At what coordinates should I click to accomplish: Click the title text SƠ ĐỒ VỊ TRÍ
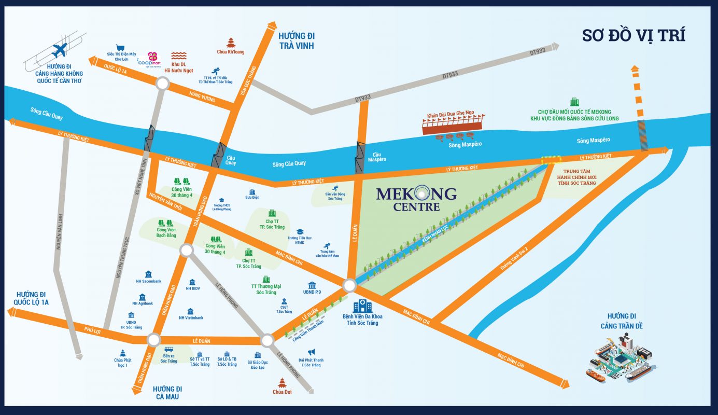point(633,35)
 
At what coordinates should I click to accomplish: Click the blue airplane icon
point(60,51)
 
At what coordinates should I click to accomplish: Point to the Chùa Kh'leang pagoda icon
point(230,42)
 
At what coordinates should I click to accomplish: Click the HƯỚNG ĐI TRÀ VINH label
point(297,40)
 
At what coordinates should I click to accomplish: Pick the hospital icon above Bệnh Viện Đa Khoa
point(359,306)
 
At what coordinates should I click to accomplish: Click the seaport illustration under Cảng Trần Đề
point(621,358)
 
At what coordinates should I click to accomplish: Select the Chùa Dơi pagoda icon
point(282,382)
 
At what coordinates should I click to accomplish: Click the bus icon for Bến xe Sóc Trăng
point(169,350)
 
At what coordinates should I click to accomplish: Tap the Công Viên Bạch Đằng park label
point(166,232)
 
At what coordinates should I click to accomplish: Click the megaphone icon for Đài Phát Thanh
point(311,352)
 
